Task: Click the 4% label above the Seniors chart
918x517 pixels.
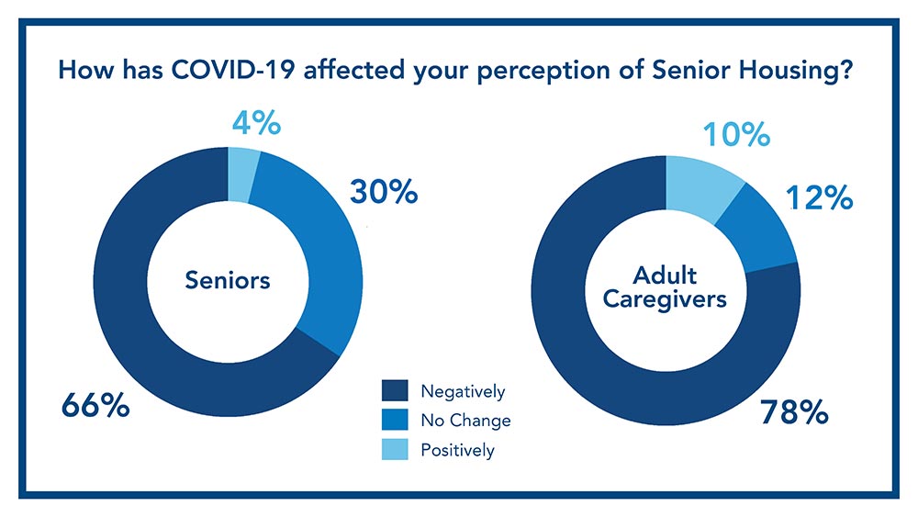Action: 254,123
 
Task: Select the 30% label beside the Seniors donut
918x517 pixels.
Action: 384,192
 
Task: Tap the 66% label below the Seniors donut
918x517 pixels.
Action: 95,404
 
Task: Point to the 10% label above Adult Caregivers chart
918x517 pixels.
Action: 735,135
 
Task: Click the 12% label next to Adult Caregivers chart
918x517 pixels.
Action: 818,197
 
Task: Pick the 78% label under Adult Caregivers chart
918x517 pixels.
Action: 794,413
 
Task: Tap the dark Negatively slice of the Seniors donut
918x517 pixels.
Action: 138,303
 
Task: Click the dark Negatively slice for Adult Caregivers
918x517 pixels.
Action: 588,349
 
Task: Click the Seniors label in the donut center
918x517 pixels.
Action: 228,280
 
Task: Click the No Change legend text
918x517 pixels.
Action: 465,421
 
